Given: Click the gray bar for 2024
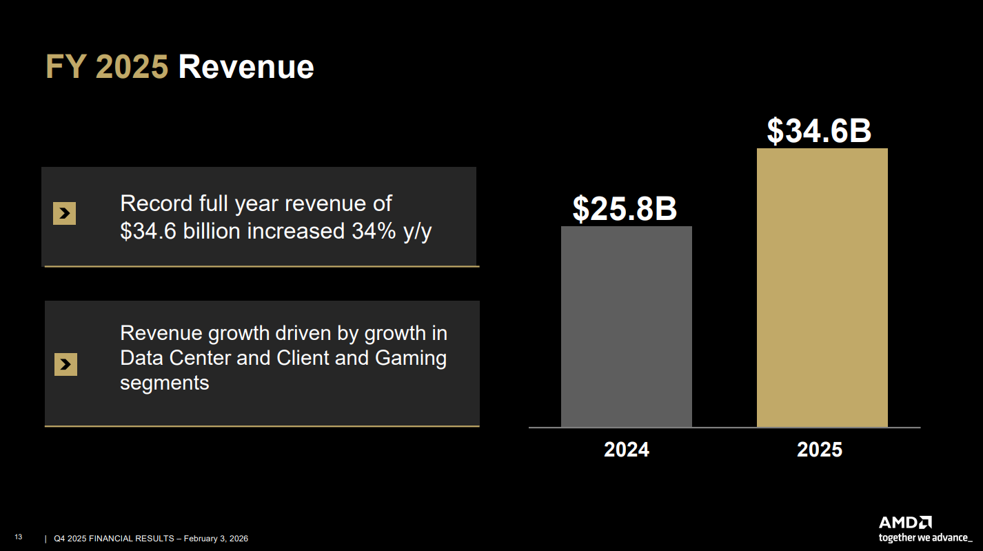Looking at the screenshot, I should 626,327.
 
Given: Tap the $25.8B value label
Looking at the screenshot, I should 625,209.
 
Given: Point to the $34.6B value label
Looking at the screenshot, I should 819,131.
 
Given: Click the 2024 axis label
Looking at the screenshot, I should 626,450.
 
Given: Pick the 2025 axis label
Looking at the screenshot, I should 820,450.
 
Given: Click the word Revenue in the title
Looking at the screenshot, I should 246,68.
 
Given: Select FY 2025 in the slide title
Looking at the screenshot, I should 107,68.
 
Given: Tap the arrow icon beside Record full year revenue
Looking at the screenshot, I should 64,214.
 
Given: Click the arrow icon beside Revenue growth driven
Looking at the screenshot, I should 65,364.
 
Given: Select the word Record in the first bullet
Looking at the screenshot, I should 156,203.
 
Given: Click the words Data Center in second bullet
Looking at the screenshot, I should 175,359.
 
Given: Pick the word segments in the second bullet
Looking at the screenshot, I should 164,383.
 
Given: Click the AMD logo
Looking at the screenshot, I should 905,522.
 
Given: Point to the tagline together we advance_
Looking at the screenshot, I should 925,537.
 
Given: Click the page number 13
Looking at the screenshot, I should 19,537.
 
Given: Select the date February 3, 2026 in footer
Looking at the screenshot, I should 215,539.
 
